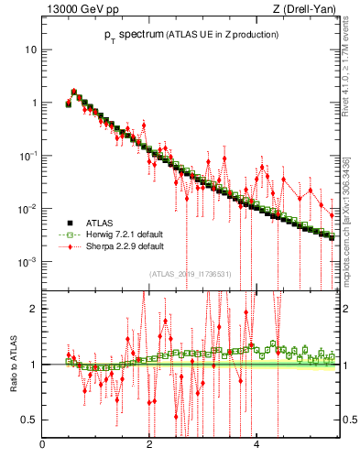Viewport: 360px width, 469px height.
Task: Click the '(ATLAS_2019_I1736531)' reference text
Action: (x=191, y=274)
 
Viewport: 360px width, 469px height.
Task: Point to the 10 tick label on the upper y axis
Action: (x=31, y=49)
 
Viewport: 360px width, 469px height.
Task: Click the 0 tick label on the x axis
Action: (x=42, y=445)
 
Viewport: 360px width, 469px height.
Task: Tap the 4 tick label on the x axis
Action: (x=256, y=445)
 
